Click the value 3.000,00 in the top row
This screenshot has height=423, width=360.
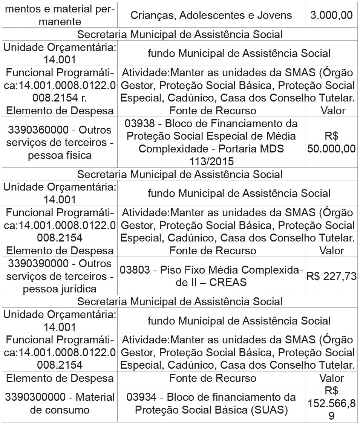331,15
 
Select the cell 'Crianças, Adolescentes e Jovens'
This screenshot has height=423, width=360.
211,15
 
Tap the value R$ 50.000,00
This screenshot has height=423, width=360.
331,142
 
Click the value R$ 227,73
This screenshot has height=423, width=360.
331,276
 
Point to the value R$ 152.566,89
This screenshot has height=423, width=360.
331,403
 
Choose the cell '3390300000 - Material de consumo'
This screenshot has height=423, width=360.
60,403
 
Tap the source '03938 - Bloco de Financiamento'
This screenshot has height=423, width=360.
211,124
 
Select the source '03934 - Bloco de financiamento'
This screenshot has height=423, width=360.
211,397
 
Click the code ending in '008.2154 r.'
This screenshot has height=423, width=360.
60,98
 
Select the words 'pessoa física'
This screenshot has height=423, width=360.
60,155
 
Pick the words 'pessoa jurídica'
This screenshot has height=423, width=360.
60,289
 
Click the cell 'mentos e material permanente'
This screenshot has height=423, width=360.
60,15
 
